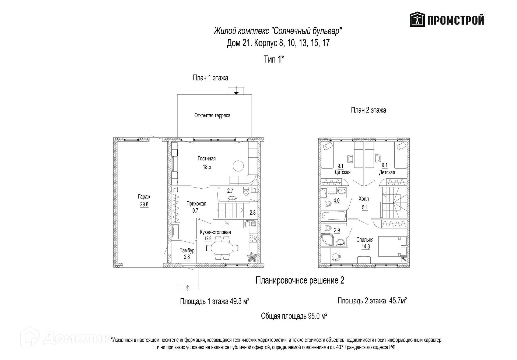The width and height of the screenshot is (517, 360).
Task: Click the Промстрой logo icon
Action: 417,20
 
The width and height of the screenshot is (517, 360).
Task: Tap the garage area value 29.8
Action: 144,204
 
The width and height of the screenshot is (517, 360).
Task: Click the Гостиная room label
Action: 206,159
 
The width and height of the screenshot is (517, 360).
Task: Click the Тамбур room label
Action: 187,250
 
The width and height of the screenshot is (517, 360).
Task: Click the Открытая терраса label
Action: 212,115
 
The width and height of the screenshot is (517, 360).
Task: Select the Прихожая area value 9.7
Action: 195,210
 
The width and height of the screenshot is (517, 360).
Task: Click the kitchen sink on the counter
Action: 250,223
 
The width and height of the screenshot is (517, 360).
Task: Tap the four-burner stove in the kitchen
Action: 253,238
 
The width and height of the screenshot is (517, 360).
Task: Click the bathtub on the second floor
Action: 335,215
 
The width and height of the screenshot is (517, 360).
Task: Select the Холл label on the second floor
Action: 364,199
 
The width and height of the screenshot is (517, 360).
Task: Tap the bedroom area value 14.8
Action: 365,247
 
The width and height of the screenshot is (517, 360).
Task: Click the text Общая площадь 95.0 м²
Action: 294,316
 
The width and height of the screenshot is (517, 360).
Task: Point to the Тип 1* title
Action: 274,60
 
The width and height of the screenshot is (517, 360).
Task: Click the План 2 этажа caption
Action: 368,110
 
